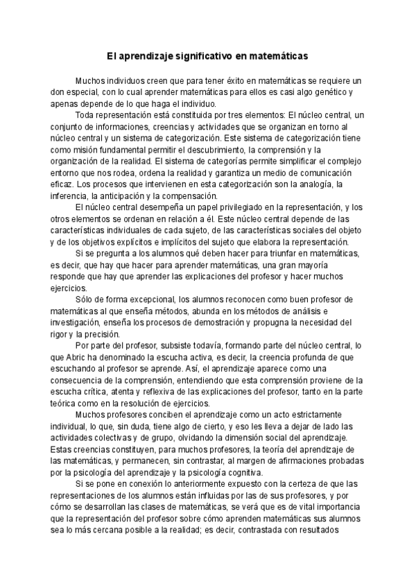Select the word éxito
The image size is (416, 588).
[x=211, y=80]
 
